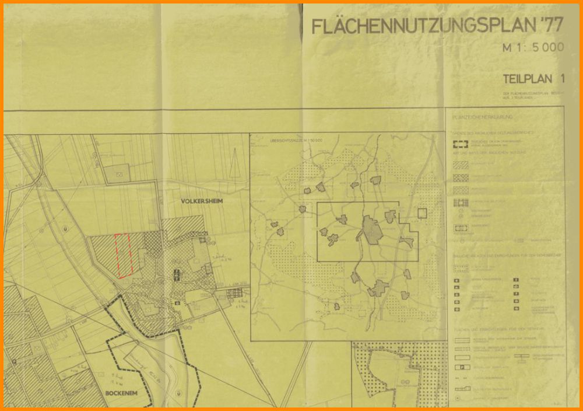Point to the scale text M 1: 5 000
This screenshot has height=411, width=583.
[x=533, y=48]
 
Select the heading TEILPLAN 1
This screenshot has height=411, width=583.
[x=534, y=78]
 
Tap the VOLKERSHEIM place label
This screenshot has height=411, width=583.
[x=202, y=201]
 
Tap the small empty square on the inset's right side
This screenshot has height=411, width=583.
[x=422, y=213]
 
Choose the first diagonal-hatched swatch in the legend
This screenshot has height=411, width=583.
[x=461, y=165]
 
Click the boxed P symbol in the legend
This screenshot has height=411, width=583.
[x=461, y=367]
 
